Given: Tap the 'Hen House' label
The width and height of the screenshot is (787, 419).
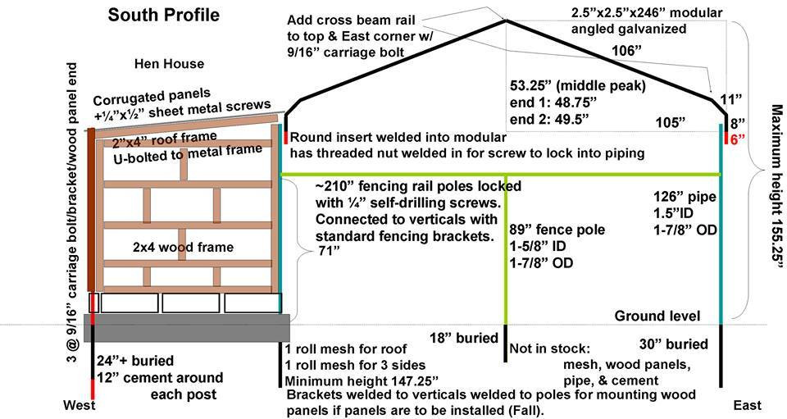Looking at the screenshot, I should (170, 63).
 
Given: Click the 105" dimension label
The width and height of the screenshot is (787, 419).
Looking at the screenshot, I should (671, 123).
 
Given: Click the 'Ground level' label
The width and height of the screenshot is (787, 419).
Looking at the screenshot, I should (657, 316).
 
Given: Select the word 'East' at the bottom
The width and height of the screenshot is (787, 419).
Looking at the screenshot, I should (747, 406).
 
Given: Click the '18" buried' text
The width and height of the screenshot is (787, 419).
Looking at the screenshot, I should (463, 338).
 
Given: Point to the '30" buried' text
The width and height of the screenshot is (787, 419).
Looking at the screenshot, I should (673, 344).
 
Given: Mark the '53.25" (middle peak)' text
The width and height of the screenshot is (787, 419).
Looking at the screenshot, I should (577, 85).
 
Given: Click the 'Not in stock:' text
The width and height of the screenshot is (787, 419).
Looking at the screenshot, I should (549, 349).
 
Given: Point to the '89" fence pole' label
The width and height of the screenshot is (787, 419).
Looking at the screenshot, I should (557, 230).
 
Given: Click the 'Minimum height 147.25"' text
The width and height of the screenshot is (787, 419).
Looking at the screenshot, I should (362, 381).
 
